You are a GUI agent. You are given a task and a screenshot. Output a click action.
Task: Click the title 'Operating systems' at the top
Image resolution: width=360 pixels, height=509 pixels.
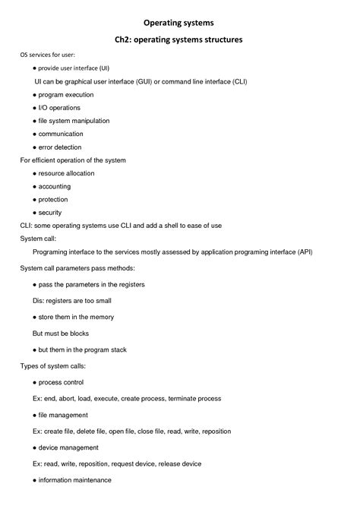179,23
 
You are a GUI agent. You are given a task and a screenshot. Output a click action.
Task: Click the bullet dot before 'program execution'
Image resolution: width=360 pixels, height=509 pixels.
35,95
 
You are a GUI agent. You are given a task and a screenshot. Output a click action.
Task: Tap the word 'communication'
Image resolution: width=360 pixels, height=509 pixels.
66,134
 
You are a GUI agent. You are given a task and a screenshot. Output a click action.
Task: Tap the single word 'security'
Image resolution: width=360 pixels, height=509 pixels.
50,213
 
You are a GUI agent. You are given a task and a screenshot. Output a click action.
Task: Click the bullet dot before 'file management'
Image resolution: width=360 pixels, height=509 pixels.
35,415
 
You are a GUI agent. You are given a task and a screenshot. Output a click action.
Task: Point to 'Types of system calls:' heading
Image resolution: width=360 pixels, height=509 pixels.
52,365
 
